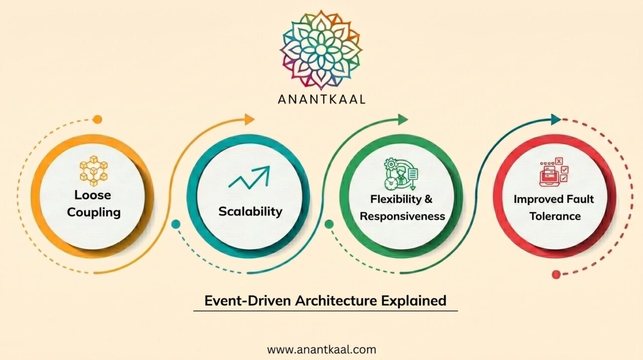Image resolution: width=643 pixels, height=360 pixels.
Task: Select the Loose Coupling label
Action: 94,203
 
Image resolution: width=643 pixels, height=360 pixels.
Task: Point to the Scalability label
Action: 250,211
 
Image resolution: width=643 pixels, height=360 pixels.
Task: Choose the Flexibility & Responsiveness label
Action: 402,207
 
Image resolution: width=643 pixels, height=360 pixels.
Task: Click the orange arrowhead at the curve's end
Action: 249,119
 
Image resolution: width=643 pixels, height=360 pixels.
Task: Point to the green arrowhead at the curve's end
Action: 403,119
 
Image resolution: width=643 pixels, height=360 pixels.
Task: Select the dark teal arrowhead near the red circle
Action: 556,119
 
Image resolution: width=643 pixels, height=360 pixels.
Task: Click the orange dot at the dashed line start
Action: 98,119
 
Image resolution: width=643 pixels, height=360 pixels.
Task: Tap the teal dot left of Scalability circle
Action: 175,224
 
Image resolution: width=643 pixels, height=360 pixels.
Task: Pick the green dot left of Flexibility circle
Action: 330,224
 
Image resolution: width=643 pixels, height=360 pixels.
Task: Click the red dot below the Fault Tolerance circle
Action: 556,274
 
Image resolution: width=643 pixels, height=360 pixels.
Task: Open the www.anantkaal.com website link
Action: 321,349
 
